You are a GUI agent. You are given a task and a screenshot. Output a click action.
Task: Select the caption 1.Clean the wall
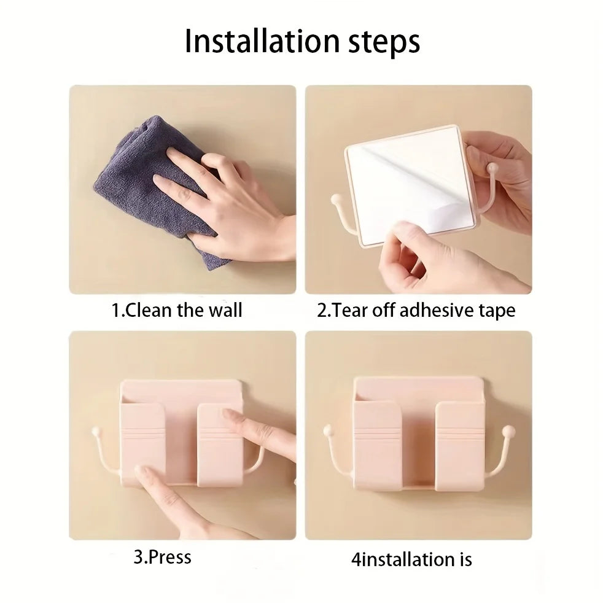(177, 309)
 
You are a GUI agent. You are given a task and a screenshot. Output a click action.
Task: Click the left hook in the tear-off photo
(341, 212)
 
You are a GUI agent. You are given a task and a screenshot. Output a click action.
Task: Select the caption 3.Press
(162, 557)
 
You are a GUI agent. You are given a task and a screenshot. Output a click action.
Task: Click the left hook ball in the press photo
(96, 432)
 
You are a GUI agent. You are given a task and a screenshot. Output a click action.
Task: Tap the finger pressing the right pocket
(252, 427)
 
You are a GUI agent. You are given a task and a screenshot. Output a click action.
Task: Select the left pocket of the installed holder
(378, 445)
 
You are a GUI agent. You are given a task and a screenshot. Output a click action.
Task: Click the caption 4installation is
(411, 559)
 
